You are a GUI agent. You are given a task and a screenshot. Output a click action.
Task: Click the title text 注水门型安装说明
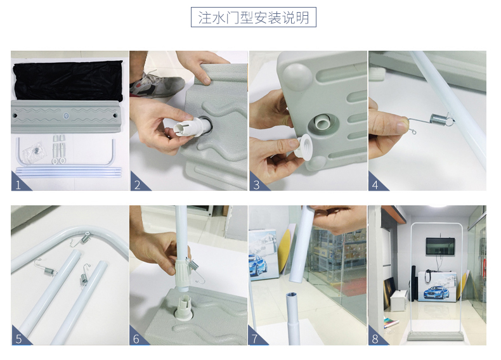pyautogui.click(x=254, y=17)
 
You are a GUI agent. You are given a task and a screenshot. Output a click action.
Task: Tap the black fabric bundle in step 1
pyautogui.click(x=68, y=80)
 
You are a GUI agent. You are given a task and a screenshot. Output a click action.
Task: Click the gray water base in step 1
pyautogui.click(x=66, y=116)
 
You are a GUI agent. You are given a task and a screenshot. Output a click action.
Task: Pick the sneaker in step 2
pyautogui.click(x=157, y=85)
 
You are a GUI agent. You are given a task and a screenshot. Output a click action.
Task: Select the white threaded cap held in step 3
pyautogui.click(x=302, y=146)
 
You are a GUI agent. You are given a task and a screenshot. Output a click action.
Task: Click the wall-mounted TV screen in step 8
pyautogui.click(x=440, y=246)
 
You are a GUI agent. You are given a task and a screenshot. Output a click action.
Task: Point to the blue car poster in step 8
pyautogui.click(x=437, y=286)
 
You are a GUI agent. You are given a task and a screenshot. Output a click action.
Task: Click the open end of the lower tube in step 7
pyautogui.click(x=292, y=294)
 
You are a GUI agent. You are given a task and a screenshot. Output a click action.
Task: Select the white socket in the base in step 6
pyautogui.click(x=183, y=307)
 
